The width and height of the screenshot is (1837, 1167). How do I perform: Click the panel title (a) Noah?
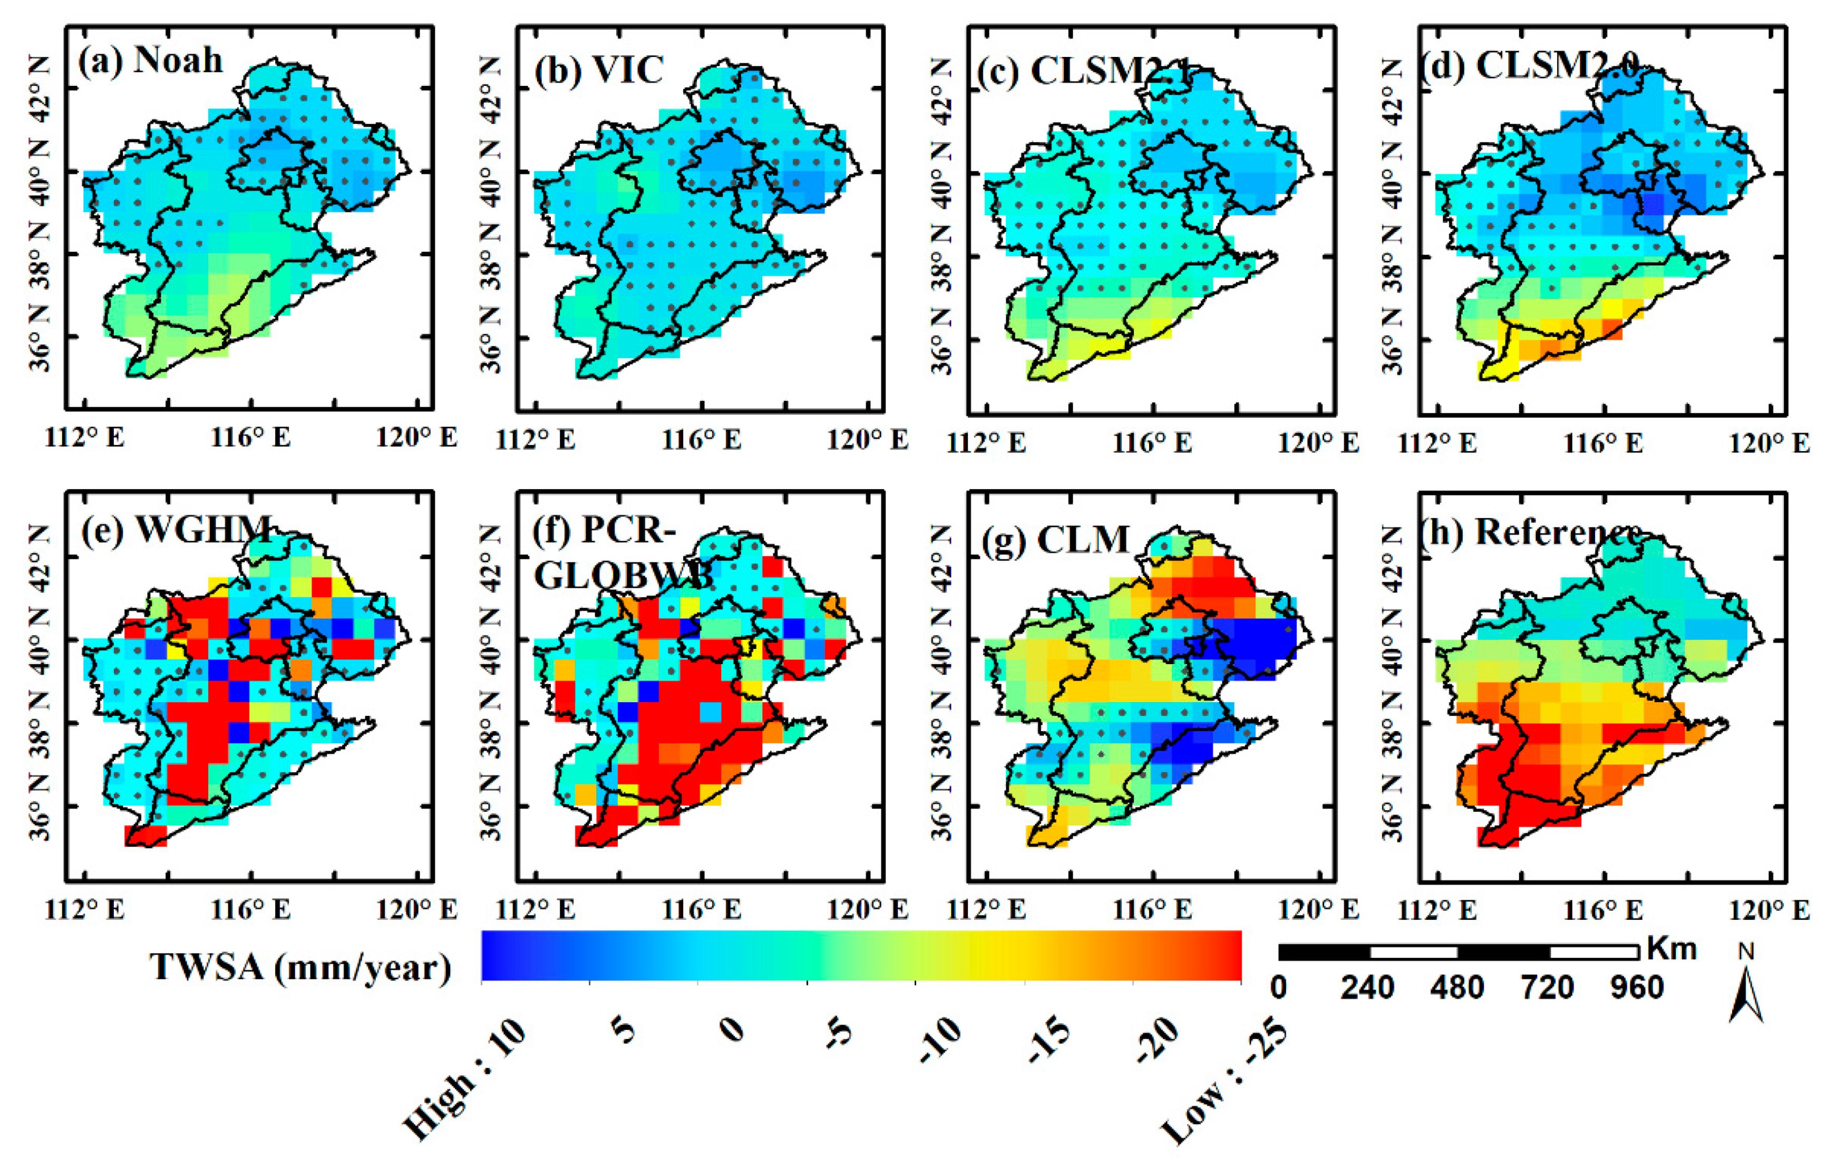[x=150, y=60]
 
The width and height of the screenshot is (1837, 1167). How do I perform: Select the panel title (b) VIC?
[x=599, y=70]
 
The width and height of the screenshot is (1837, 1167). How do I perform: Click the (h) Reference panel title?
[x=1530, y=532]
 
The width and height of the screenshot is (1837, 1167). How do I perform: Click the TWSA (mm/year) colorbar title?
[x=300, y=968]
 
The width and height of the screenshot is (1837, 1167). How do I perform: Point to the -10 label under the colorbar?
[x=940, y=1040]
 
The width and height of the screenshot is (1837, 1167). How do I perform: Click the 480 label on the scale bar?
[x=1457, y=988]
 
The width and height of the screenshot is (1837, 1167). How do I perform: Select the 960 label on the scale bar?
[x=1636, y=988]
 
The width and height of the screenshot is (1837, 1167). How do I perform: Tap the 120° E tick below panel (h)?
[x=1769, y=909]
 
